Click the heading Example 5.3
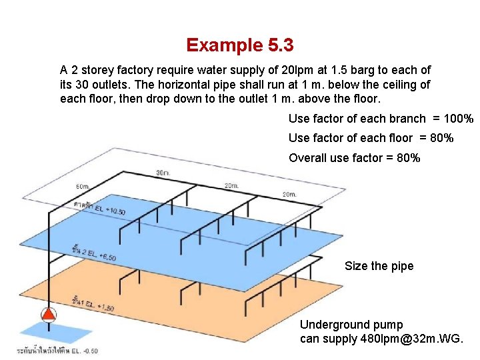[240, 45]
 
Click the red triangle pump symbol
[49, 315]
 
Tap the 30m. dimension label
[163, 173]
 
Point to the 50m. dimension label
[83, 186]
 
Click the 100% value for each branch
[459, 119]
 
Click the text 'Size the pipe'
[379, 266]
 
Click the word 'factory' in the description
[134, 70]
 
